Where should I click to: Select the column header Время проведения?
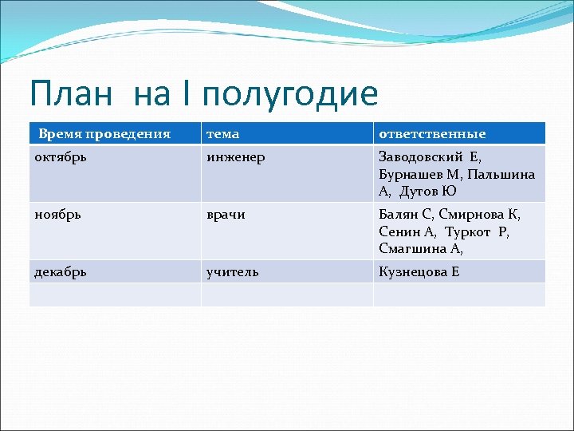[x=104, y=133]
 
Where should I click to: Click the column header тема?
[x=222, y=133]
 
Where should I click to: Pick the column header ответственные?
[x=432, y=133]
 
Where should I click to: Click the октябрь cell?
[x=61, y=156]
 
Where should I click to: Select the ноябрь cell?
[x=57, y=214]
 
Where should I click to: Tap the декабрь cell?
[x=61, y=271]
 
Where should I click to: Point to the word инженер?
[x=236, y=156]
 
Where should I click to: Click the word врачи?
[x=226, y=214]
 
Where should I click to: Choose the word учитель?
[x=233, y=271]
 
